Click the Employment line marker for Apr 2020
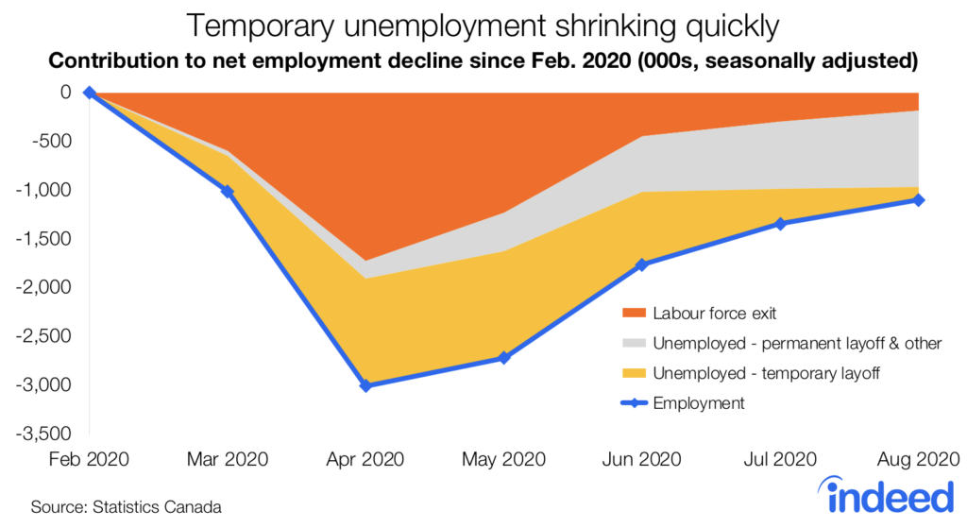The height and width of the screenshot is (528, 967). [x=365, y=385]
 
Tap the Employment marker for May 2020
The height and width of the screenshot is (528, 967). [x=504, y=358]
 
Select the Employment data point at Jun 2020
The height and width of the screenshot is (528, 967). [x=642, y=264]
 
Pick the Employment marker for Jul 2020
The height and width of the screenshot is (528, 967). [x=781, y=224]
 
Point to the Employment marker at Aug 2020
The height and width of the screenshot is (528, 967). [x=919, y=200]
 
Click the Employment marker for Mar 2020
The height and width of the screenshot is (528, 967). [x=228, y=191]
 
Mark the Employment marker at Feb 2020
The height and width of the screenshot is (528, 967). [x=90, y=93]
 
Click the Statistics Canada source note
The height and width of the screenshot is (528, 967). [x=126, y=507]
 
